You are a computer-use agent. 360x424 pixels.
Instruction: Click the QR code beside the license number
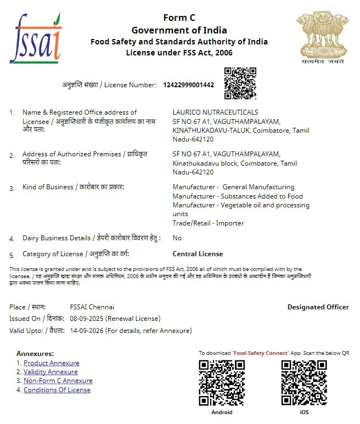click(x=240, y=83)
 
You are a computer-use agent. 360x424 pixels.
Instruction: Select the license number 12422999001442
click(x=189, y=85)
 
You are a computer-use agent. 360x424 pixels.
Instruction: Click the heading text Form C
click(x=179, y=18)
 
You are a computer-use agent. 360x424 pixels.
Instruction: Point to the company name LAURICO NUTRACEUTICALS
click(x=215, y=112)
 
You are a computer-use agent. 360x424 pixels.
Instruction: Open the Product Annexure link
click(x=51, y=363)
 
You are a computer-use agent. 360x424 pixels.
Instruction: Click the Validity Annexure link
click(x=50, y=372)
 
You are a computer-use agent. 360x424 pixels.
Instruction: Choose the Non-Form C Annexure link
click(x=58, y=381)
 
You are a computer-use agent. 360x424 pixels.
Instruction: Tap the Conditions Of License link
click(x=57, y=390)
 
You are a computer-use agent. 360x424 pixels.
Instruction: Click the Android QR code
click(x=221, y=382)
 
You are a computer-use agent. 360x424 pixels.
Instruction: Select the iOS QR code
click(x=303, y=382)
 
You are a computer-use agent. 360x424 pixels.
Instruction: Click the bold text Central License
click(x=198, y=254)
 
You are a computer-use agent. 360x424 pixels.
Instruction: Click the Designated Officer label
click(x=318, y=307)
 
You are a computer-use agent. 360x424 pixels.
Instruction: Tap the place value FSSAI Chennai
click(x=92, y=307)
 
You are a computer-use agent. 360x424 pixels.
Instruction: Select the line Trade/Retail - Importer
click(x=208, y=223)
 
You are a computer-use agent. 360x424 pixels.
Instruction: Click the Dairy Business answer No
click(x=177, y=238)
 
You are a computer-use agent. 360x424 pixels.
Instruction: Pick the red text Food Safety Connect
click(x=260, y=353)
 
